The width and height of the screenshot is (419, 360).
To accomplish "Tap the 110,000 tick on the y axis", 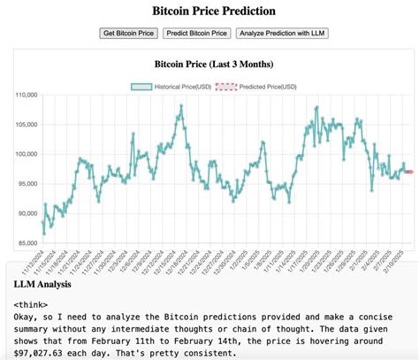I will coord(27,95).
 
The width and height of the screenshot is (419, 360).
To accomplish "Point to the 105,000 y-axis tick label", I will coord(27,125).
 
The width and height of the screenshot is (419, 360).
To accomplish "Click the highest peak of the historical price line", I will coord(181,106).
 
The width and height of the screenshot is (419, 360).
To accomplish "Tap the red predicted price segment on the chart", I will coord(408,172).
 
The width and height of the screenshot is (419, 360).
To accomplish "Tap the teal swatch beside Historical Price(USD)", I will coord(142,86).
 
